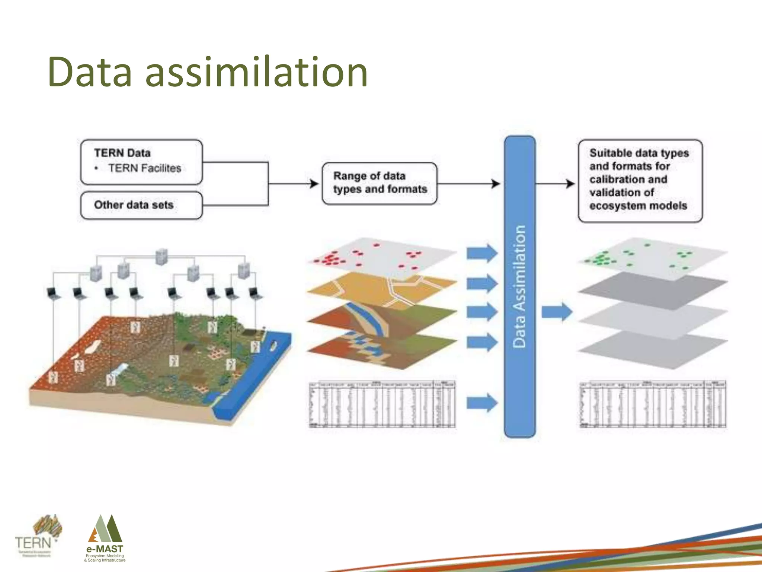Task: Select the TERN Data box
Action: tap(141, 162)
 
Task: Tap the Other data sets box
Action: tap(141, 205)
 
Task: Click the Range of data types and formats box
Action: tap(379, 183)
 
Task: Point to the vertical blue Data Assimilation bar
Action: tap(519, 287)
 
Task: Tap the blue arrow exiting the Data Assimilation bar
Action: tap(557, 312)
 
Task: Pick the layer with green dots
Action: tap(651, 257)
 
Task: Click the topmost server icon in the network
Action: tap(161, 257)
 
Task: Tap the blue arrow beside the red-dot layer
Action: tap(482, 253)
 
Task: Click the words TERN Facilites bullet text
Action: tap(144, 168)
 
